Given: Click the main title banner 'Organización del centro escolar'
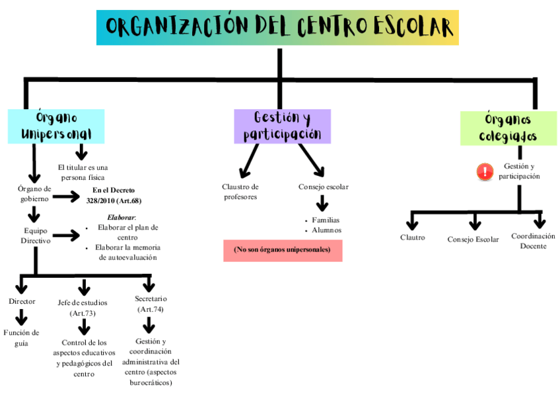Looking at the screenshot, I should pyautogui.click(x=277, y=27).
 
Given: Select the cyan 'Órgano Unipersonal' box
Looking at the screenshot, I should pyautogui.click(x=56, y=126).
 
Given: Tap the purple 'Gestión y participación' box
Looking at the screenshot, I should pyautogui.click(x=282, y=126).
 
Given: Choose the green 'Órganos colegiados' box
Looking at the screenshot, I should pyautogui.click(x=507, y=128).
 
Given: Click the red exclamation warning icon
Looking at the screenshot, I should pyautogui.click(x=485, y=172).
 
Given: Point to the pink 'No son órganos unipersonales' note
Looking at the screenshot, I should pyautogui.click(x=283, y=250).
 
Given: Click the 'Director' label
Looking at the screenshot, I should pyautogui.click(x=22, y=302).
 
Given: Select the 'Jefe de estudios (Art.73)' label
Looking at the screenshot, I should pyautogui.click(x=83, y=308).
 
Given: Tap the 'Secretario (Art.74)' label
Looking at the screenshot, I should pyautogui.click(x=151, y=304).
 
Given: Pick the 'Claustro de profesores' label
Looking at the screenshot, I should pyautogui.click(x=240, y=191).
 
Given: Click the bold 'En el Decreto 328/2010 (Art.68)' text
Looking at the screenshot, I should pyautogui.click(x=114, y=195).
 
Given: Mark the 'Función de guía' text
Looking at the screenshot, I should pyautogui.click(x=22, y=337).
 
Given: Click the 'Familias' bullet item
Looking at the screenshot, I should pyautogui.click(x=326, y=220).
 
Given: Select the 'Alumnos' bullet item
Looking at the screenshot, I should pyautogui.click(x=326, y=230).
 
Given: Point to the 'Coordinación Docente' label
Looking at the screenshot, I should pyautogui.click(x=533, y=241).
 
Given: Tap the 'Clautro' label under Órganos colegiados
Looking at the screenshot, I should pyautogui.click(x=413, y=238).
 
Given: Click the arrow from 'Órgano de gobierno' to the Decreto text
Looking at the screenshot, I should pyautogui.click(x=66, y=197).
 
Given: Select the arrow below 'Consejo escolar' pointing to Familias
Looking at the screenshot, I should pyautogui.click(x=322, y=202).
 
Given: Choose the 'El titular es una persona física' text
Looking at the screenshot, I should pyautogui.click(x=83, y=172).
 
